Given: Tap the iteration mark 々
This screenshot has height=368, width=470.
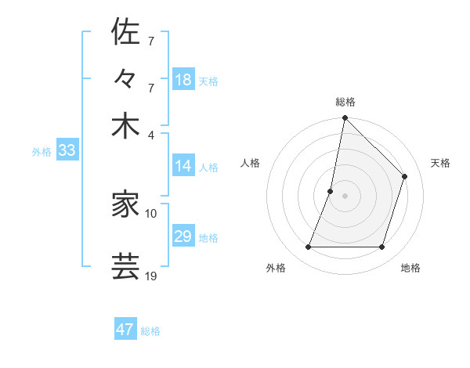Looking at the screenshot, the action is click(x=125, y=80).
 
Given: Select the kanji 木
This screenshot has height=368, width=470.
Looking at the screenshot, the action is click(x=125, y=126).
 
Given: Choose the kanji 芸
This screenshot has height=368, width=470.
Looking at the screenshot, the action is click(x=125, y=266).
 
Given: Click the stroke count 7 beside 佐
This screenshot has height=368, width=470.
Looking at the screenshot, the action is click(x=150, y=40).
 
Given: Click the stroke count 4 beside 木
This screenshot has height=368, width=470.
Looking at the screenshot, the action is click(x=150, y=134).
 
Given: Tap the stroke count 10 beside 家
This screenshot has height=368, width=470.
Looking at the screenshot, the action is click(x=151, y=212).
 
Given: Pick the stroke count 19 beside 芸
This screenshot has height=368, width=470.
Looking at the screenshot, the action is click(x=151, y=275).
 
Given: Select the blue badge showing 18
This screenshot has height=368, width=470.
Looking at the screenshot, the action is click(x=183, y=80).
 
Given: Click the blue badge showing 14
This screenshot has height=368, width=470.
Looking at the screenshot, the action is click(x=183, y=166).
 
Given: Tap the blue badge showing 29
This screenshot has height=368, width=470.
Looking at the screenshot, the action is click(x=183, y=236).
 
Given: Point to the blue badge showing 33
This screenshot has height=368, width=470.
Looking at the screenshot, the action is click(x=66, y=151).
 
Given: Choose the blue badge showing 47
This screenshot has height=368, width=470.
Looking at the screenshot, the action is click(x=125, y=330).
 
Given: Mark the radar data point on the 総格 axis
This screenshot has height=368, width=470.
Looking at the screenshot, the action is click(x=345, y=118).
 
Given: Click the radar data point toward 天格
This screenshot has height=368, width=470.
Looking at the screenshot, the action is click(x=405, y=176).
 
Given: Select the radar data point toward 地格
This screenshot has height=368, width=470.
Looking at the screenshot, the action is click(x=381, y=247).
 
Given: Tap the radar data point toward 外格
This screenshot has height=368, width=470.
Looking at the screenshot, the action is click(x=308, y=247).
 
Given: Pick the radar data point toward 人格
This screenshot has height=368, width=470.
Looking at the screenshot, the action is click(x=331, y=191).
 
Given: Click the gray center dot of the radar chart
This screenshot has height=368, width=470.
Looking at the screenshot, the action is click(x=345, y=196).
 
